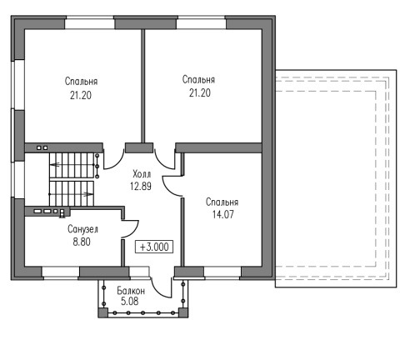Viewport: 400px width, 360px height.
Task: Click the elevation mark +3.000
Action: coord(154,247)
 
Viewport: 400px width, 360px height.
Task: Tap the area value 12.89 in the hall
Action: coord(141,186)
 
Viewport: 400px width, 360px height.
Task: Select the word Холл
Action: coord(142,174)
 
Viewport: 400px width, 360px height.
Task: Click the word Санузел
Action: coord(82,229)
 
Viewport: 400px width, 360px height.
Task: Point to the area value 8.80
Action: coord(82,242)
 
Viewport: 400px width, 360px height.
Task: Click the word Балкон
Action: coord(131,291)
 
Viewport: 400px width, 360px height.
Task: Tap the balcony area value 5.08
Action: coord(130,301)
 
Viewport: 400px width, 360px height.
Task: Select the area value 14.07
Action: coord(223,214)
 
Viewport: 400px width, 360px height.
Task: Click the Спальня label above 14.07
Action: coord(222,202)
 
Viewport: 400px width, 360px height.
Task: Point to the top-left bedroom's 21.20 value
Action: coord(81,95)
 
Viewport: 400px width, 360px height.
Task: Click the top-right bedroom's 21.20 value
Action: coord(200,92)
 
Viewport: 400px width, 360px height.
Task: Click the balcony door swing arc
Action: coord(157,291)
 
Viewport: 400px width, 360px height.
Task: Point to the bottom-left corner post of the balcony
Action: coord(103,312)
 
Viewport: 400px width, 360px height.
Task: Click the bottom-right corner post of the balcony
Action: coord(182,312)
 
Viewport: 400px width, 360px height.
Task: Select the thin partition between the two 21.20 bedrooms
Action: coord(143,86)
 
